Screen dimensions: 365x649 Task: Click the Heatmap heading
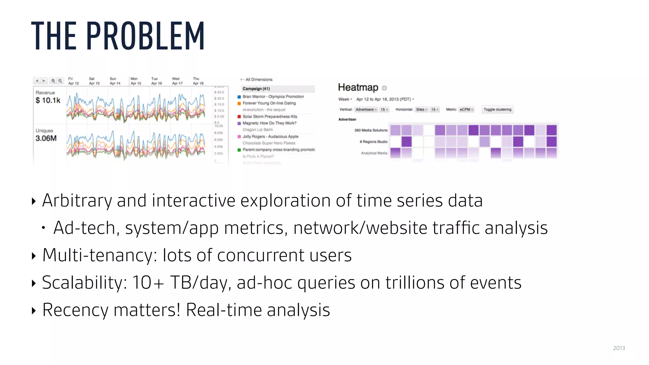pyautogui.click(x=358, y=87)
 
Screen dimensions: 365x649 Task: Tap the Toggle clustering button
pyautogui.click(x=497, y=110)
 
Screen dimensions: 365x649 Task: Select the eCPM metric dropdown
pyautogui.click(x=466, y=110)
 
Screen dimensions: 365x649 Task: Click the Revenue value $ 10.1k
pyautogui.click(x=48, y=100)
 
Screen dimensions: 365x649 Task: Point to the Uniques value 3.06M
pyautogui.click(x=46, y=138)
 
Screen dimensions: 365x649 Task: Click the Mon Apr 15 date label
pyautogui.click(x=135, y=81)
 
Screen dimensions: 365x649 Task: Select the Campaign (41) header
pyautogui.click(x=256, y=89)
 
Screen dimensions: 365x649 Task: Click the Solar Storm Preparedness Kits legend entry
pyautogui.click(x=270, y=117)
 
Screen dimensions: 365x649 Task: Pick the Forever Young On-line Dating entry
pyautogui.click(x=269, y=103)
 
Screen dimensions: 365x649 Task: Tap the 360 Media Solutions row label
pyautogui.click(x=370, y=130)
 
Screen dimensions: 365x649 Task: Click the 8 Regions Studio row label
pyautogui.click(x=373, y=142)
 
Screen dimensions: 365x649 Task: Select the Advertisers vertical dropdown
pyautogui.click(x=366, y=110)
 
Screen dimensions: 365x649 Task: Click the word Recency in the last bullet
pyautogui.click(x=75, y=310)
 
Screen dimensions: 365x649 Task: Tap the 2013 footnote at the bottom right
pyautogui.click(x=619, y=348)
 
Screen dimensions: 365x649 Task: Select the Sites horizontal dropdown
pyautogui.click(x=421, y=110)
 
